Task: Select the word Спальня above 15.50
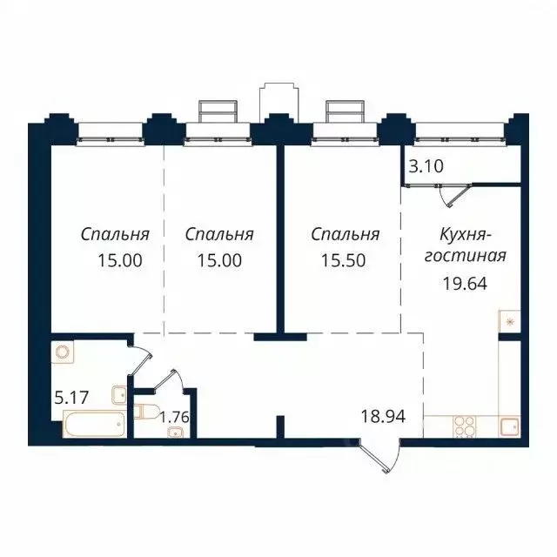pos(346,235)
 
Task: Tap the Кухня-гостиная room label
pos(468,245)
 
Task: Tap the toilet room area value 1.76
pos(174,415)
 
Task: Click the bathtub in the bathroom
pos(94,425)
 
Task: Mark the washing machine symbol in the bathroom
pos(64,353)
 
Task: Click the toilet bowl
pos(144,412)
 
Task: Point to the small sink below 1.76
pos(178,433)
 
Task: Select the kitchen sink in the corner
pos(509,426)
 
